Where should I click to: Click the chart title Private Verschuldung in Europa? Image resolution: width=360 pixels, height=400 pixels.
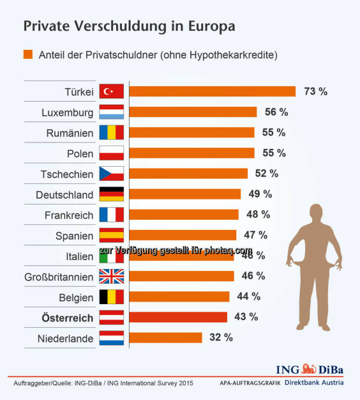click(x=129, y=27)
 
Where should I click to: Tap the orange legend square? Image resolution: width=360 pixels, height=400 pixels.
click(x=28, y=54)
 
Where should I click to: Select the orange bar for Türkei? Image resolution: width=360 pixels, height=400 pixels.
click(x=212, y=91)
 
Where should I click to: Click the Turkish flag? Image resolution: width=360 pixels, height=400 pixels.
click(x=112, y=91)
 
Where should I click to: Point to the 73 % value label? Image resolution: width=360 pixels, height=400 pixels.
click(x=315, y=91)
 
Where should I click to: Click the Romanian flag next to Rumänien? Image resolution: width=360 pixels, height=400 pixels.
click(x=112, y=132)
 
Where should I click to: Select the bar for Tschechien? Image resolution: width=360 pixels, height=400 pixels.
click(x=188, y=173)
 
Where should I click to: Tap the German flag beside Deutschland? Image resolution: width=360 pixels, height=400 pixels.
click(x=112, y=194)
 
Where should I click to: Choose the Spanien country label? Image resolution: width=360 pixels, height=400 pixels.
click(x=75, y=235)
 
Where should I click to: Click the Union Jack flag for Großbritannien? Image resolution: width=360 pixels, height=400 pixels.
click(x=112, y=276)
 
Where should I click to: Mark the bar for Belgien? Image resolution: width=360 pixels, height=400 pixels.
click(x=179, y=296)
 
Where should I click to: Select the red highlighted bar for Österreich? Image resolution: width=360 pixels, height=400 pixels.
click(x=178, y=317)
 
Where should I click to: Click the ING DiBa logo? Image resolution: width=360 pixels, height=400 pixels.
click(x=310, y=369)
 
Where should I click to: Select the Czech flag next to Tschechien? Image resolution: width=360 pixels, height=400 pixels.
click(x=112, y=173)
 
